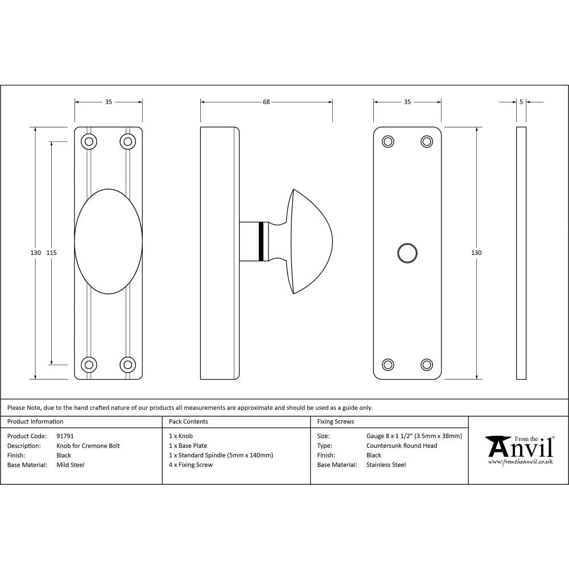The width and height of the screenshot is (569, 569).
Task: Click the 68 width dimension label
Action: pyautogui.click(x=266, y=102)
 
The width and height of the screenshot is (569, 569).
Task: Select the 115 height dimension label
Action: pyautogui.click(x=52, y=253)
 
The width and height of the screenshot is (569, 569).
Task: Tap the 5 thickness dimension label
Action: pyautogui.click(x=521, y=102)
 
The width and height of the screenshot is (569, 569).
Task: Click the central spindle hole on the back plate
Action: pyautogui.click(x=407, y=253)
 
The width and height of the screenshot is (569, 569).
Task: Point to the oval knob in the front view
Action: pyautogui.click(x=108, y=241)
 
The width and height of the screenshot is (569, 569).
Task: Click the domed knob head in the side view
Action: pyautogui.click(x=310, y=242)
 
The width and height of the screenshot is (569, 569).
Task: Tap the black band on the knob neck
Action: pyautogui.click(x=261, y=241)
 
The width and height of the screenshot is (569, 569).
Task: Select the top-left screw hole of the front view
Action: pyautogui.click(x=89, y=141)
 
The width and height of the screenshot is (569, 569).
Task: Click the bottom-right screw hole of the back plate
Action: pyautogui.click(x=427, y=364)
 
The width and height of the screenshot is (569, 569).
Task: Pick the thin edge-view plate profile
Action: pyautogui.click(x=521, y=253)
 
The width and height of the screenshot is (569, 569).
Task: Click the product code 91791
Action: pyautogui.click(x=65, y=436)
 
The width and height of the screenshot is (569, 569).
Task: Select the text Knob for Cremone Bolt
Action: pyautogui.click(x=88, y=446)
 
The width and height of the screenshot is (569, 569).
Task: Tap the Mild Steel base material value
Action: pyautogui.click(x=71, y=465)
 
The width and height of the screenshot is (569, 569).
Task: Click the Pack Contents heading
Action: pyautogui.click(x=188, y=422)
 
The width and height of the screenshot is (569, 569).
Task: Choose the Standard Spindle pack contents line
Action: pyautogui.click(x=221, y=455)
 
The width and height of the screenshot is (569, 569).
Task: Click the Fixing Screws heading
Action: pyautogui.click(x=336, y=422)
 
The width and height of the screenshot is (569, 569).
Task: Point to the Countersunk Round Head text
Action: pyautogui.click(x=402, y=446)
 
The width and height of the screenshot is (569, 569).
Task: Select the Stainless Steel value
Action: pyautogui.click(x=386, y=465)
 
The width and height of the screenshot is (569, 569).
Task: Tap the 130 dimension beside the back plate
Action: pyautogui.click(x=477, y=253)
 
